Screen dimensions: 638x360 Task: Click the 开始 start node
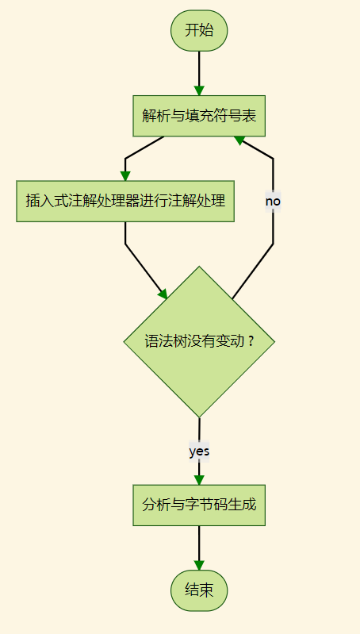199,32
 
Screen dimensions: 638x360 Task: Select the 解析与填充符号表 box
199,116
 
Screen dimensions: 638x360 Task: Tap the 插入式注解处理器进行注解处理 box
124,201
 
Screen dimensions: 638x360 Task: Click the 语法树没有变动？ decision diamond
199,342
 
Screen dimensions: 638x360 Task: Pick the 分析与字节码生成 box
199,505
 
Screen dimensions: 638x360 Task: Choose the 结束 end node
199,591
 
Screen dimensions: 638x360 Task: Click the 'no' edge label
273,202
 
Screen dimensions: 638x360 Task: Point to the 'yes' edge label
199,451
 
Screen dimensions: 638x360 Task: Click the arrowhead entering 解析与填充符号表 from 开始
199,90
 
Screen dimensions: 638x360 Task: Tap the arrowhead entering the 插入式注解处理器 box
124,175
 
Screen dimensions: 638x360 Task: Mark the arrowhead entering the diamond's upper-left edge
163,294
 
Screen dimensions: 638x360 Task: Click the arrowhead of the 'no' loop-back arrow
239,140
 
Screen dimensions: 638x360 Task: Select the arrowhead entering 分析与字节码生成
199,479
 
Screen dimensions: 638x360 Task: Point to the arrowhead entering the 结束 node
199,566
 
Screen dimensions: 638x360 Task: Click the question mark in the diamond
251,342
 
